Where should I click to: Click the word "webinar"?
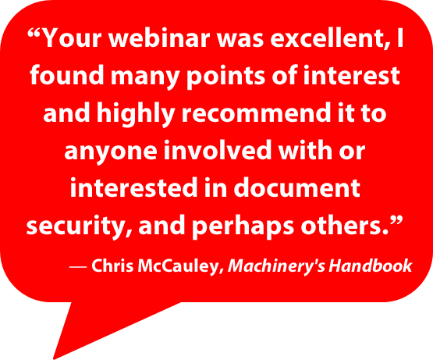click(x=159, y=38)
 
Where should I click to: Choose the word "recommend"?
click(x=256, y=113)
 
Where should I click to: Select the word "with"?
click(x=305, y=151)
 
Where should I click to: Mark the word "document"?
click(x=297, y=188)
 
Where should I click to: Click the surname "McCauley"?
click(x=179, y=267)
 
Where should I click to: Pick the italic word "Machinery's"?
click(x=276, y=267)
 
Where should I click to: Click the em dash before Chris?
click(x=79, y=267)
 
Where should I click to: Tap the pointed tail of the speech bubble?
click(x=54, y=358)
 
